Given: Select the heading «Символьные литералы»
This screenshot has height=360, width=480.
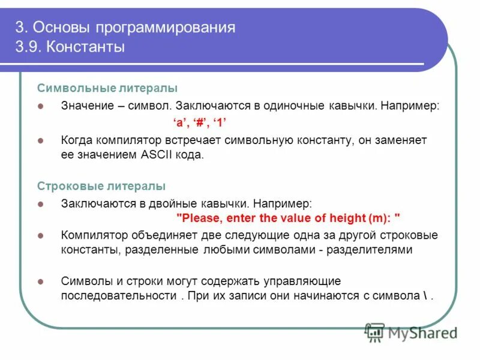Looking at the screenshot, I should pos(107,88).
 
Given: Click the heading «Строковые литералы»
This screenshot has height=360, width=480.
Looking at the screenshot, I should pos(101,186).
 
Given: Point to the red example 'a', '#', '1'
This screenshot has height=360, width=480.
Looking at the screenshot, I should pos(199,122).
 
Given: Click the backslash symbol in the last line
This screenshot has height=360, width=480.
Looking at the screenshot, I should pos(425,296).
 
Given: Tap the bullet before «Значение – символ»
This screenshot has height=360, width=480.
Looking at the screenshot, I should pos(41,106).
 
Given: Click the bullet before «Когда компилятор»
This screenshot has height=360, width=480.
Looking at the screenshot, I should pos(41,140).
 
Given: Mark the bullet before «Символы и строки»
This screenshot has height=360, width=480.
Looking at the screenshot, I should pos(41,281).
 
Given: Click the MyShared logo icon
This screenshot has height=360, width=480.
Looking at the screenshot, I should pos(375,332).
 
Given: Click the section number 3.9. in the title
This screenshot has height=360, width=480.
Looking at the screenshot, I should pos(28,47).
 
